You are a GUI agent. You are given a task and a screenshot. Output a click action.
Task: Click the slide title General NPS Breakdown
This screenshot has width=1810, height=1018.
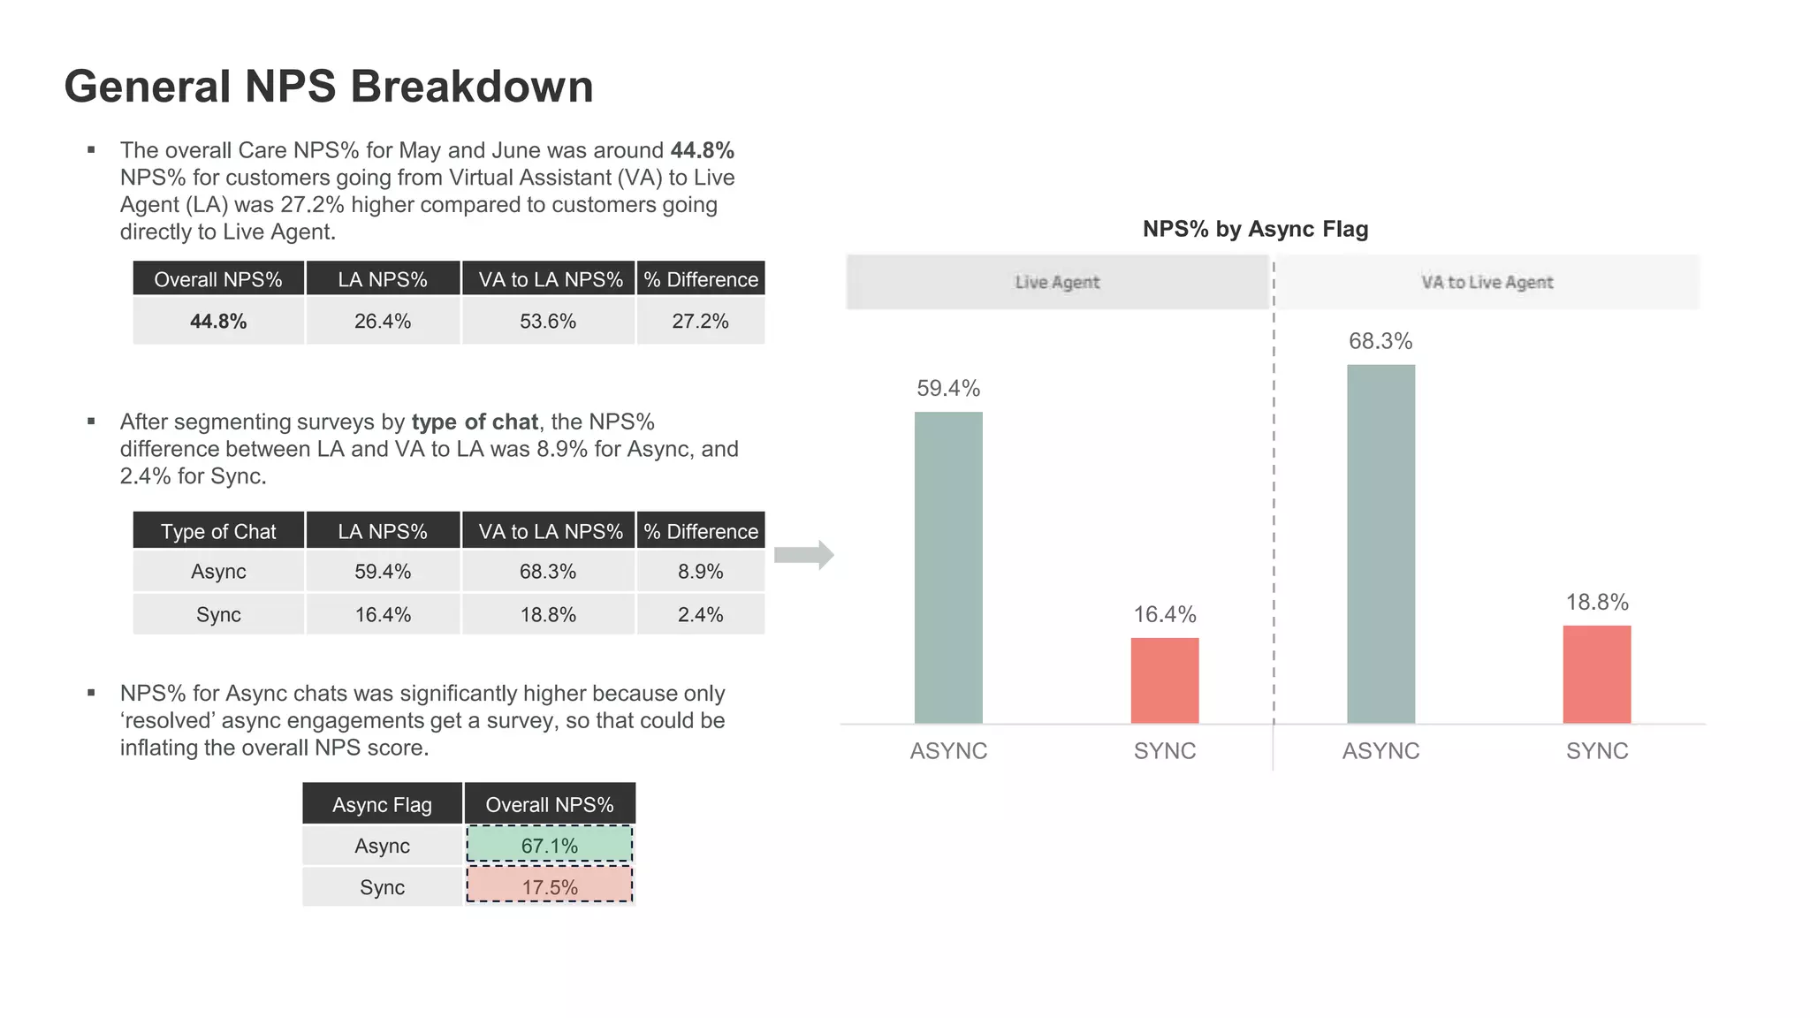click(328, 87)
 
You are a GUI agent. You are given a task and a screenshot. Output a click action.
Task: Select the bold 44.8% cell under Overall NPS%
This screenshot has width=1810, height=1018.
click(218, 321)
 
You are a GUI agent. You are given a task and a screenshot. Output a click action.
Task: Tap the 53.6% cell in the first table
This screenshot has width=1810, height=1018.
click(548, 321)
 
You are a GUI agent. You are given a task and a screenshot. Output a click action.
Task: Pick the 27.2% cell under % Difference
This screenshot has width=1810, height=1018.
click(700, 321)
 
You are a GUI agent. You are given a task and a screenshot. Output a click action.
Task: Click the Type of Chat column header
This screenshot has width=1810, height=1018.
click(218, 531)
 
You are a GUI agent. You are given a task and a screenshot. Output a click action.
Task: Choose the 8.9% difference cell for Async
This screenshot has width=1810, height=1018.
click(700, 572)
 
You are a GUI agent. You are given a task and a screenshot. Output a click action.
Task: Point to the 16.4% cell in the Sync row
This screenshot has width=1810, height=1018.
click(383, 614)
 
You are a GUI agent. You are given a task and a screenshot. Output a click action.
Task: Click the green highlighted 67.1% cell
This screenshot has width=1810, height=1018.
click(549, 845)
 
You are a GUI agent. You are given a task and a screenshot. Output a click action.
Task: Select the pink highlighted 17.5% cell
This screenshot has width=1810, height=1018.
click(549, 886)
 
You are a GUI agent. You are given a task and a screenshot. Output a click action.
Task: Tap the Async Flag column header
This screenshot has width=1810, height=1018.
click(382, 804)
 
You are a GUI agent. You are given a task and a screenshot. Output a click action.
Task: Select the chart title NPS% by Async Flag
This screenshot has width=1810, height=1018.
click(1255, 229)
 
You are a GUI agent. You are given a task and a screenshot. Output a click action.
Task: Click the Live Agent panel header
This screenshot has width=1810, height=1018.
click(1057, 282)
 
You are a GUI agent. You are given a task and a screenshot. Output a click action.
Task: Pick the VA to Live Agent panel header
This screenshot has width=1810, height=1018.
click(1487, 282)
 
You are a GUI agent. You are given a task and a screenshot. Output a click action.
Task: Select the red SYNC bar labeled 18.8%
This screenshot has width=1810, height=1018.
click(1596, 674)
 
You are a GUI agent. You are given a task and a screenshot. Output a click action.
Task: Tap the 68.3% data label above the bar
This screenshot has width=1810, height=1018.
click(1380, 341)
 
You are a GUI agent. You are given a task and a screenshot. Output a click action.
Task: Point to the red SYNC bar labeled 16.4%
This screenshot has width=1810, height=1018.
click(1165, 680)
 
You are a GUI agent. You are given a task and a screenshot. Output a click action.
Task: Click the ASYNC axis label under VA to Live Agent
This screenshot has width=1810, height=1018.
click(1380, 750)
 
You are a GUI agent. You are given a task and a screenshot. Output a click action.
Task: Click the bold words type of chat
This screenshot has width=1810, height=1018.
click(475, 422)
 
